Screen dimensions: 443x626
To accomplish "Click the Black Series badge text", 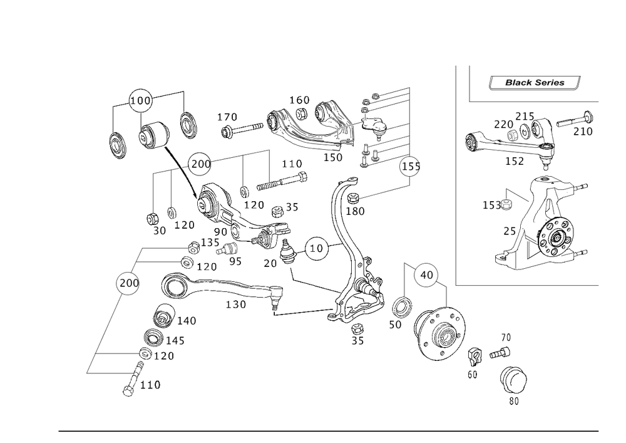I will pos(535,83).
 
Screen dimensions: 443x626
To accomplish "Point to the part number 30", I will pos(159,231).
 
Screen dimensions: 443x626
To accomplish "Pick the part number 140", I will pos(186,321).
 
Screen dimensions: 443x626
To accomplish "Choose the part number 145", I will pos(176,341).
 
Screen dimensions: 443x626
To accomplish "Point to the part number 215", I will pos(524,117).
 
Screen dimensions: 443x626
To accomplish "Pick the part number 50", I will pos(395,325).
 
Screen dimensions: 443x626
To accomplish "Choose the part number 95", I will pos(235,261).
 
